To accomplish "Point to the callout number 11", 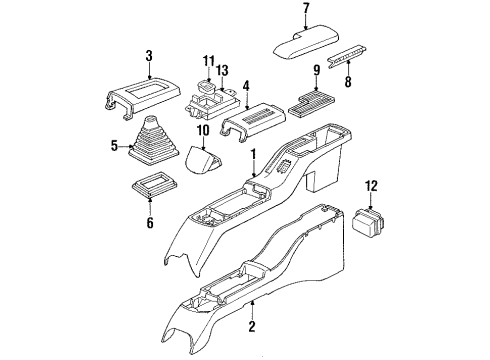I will (208, 61).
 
